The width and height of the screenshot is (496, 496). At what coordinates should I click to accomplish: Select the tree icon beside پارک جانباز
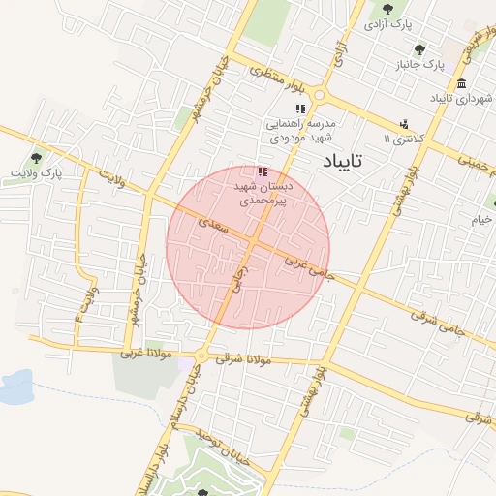419,50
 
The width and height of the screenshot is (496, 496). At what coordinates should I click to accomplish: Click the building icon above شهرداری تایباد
461,82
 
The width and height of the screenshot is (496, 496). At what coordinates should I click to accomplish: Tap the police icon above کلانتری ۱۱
404,123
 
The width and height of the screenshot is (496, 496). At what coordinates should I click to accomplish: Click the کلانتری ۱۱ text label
404,139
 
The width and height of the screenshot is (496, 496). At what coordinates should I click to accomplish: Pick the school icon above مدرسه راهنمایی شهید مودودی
300,108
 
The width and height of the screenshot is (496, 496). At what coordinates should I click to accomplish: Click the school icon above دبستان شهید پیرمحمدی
263,171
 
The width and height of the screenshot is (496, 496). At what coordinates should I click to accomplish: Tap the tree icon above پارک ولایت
36,157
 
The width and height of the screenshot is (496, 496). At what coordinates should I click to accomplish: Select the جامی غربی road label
310,268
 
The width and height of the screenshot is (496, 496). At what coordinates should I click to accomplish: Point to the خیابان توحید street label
220,446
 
